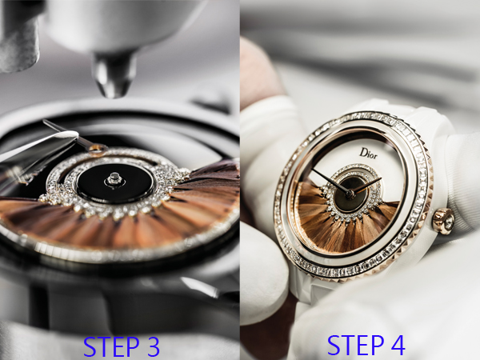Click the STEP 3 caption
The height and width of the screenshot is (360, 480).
pyautogui.click(x=122, y=346)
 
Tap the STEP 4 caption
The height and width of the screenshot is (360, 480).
pyautogui.click(x=366, y=345)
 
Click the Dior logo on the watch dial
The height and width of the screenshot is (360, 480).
pyautogui.click(x=368, y=153)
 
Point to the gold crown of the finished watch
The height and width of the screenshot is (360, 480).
pyautogui.click(x=443, y=221)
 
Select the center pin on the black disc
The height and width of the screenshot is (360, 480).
pyautogui.click(x=114, y=179)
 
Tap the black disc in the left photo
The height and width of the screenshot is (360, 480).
pyautogui.click(x=115, y=183)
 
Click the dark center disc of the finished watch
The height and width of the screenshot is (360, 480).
pyautogui.click(x=350, y=194)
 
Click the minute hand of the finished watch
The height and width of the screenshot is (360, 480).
pyautogui.click(x=331, y=182)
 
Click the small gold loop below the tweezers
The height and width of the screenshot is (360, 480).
pyautogui.click(x=98, y=148)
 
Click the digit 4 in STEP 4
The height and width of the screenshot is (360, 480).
pyautogui.click(x=395, y=345)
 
